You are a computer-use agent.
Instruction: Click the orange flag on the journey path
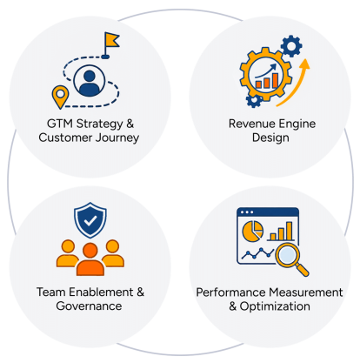pos(111,40)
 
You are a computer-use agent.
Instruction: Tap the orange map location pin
pos(60,97)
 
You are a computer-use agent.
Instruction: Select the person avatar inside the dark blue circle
pos(89,84)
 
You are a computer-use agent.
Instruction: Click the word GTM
pos(59,124)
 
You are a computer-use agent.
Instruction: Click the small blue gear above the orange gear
pos(291,46)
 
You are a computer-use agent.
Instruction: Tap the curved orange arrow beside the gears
pos(294,82)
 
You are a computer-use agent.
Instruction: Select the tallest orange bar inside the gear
pos(275,80)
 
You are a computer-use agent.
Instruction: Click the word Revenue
pos(249,124)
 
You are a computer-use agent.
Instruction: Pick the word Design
pos(270,138)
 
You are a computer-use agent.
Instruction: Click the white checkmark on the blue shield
pos(90,221)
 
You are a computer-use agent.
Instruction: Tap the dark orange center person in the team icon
pos(90,259)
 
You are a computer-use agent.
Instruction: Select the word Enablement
pos(101,292)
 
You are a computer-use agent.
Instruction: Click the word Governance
pos(89,306)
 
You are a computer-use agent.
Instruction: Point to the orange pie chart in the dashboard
pos(253,231)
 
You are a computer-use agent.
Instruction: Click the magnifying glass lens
pos(287,255)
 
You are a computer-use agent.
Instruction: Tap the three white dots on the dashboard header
pos(247,212)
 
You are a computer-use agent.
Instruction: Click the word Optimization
pos(275,306)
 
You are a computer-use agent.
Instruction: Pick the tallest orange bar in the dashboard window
pos(289,231)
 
